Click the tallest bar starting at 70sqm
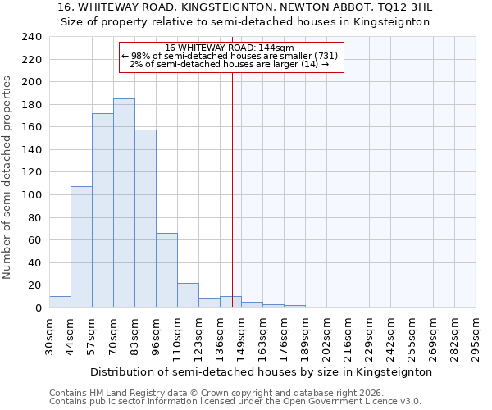pos(124,203)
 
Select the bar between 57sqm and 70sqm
pos(102,211)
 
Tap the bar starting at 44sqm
pos(81,247)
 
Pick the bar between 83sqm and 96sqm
pos(145,219)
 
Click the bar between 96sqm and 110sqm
pos(166,271)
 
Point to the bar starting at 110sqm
pos(188,295)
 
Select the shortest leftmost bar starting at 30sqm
pos(60,302)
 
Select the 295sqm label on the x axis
pos(476,335)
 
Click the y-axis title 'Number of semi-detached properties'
pos(8,177)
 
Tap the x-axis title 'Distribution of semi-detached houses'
pos(261,371)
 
